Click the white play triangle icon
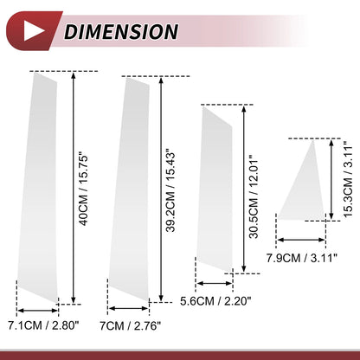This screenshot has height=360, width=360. pyautogui.click(x=32, y=31)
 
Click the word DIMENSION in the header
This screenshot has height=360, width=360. pyautogui.click(x=121, y=32)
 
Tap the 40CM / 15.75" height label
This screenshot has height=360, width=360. pyautogui.click(x=83, y=191)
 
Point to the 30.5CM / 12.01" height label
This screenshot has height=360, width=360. pyautogui.click(x=254, y=197)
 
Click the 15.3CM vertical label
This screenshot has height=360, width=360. pyautogui.click(x=348, y=179)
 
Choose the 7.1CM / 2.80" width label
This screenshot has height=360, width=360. pyautogui.click(x=43, y=325)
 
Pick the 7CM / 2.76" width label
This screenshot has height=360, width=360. pyautogui.click(x=130, y=325)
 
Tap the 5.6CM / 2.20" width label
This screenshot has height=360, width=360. pyautogui.click(x=215, y=301)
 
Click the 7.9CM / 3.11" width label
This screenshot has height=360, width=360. pyautogui.click(x=301, y=258)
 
